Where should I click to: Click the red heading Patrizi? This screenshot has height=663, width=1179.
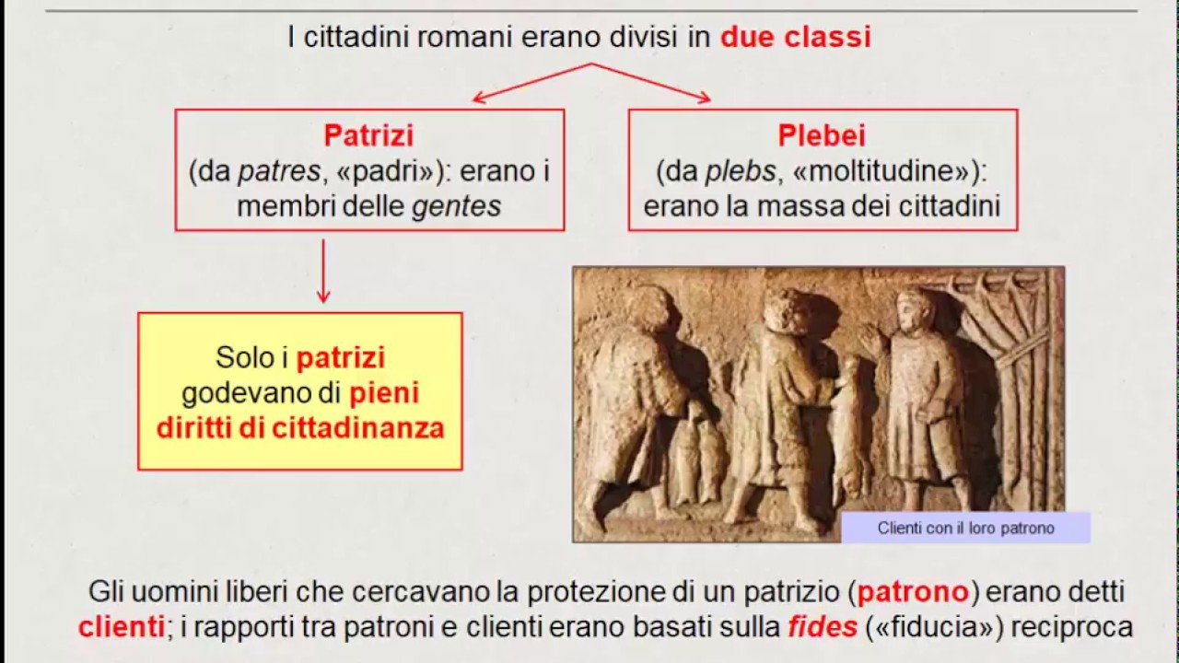point(368,135)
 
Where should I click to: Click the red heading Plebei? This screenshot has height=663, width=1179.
point(822,135)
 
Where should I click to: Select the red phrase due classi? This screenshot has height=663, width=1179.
point(795,38)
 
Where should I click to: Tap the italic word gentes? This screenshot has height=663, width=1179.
point(456,205)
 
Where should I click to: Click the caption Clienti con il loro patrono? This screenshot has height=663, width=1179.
point(965,528)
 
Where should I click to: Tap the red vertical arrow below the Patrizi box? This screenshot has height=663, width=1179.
point(323,271)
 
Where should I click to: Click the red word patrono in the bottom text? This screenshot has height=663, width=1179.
point(913,591)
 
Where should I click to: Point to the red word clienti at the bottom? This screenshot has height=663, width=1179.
point(121,627)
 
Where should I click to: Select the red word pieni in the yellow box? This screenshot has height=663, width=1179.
point(384,393)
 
